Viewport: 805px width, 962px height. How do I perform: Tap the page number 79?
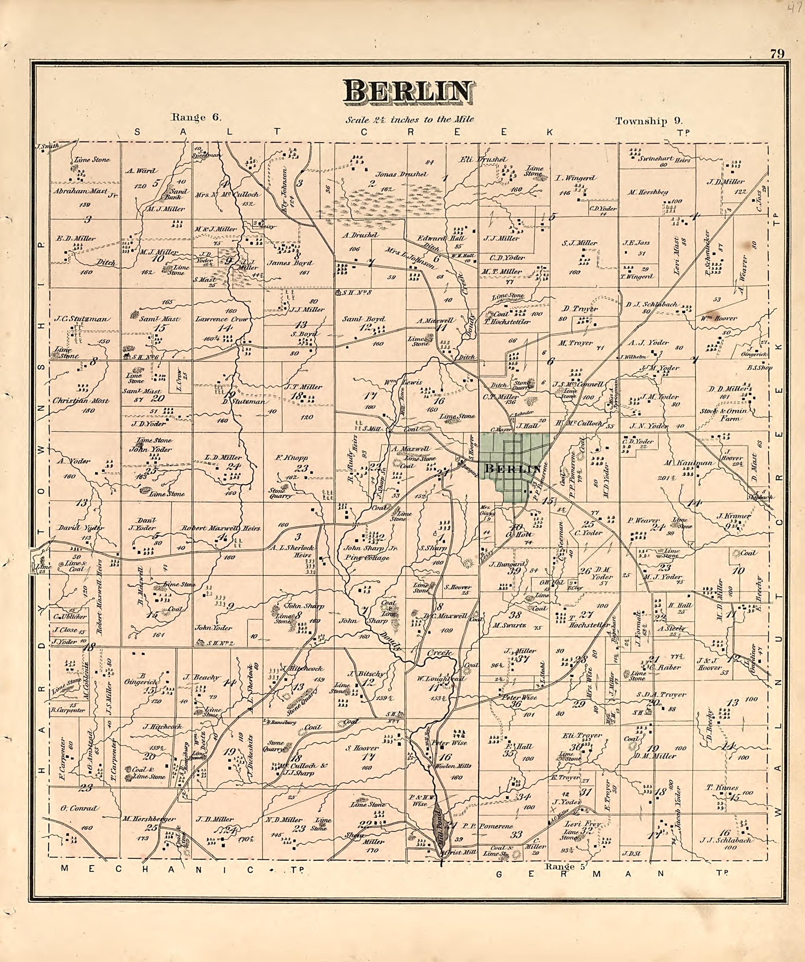[777, 54]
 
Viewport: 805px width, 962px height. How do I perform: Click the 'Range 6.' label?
[196, 117]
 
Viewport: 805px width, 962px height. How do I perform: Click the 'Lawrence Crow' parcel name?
[221, 319]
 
